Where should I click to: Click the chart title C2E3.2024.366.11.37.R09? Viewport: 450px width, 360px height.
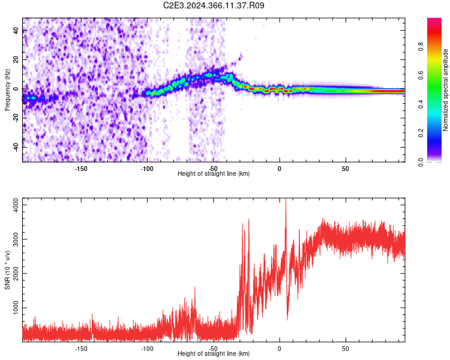214,5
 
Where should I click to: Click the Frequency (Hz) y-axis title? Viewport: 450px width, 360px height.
7,90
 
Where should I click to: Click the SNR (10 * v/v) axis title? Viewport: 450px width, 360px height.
7,270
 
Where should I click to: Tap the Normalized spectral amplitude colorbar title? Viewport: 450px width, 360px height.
445,90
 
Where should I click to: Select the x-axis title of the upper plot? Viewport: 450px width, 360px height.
214,173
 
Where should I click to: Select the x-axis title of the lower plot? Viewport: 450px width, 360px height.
214,353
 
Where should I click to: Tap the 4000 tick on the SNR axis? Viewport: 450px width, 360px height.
12,205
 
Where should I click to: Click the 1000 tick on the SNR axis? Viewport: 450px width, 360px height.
12,308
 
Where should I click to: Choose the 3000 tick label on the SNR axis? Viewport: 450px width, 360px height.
12,239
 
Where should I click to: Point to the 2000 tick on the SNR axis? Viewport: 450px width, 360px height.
12,274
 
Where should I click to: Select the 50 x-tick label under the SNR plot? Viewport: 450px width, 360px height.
346,347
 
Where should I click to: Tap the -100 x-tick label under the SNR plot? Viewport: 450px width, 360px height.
147,347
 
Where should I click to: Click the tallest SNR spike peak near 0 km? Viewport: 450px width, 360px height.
286,200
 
